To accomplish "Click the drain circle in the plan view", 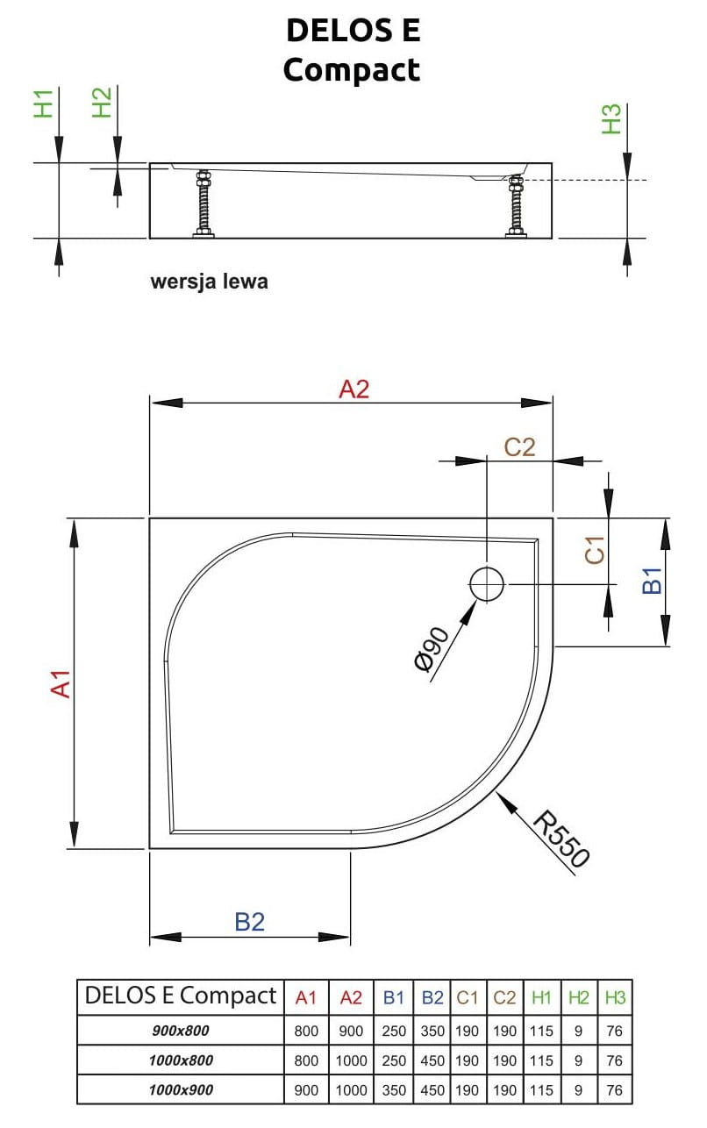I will click(x=487, y=584).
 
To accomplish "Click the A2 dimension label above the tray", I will click(x=354, y=389).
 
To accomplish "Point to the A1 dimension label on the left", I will click(x=60, y=683).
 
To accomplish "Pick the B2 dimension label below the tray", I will click(x=250, y=922).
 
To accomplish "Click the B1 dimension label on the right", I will click(x=652, y=581).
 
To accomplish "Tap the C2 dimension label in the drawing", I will click(x=519, y=446).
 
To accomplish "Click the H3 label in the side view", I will click(x=611, y=118).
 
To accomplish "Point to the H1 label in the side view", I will click(x=44, y=103).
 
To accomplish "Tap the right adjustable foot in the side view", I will click(x=516, y=204).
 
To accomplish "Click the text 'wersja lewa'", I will click(x=209, y=282).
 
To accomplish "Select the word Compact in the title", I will click(x=352, y=70).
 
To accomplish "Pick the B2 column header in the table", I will click(x=432, y=997).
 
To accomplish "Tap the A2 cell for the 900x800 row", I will click(x=351, y=1032).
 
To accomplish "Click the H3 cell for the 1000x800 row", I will click(x=614, y=1060).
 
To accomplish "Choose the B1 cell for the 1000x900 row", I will click(x=394, y=1089).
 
